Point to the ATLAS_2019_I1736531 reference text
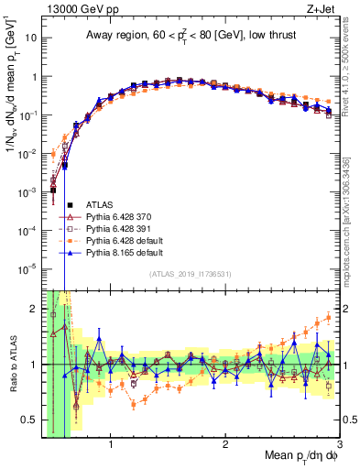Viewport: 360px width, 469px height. (x=189, y=274)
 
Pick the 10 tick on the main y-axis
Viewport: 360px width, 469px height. (x=33, y=38)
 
